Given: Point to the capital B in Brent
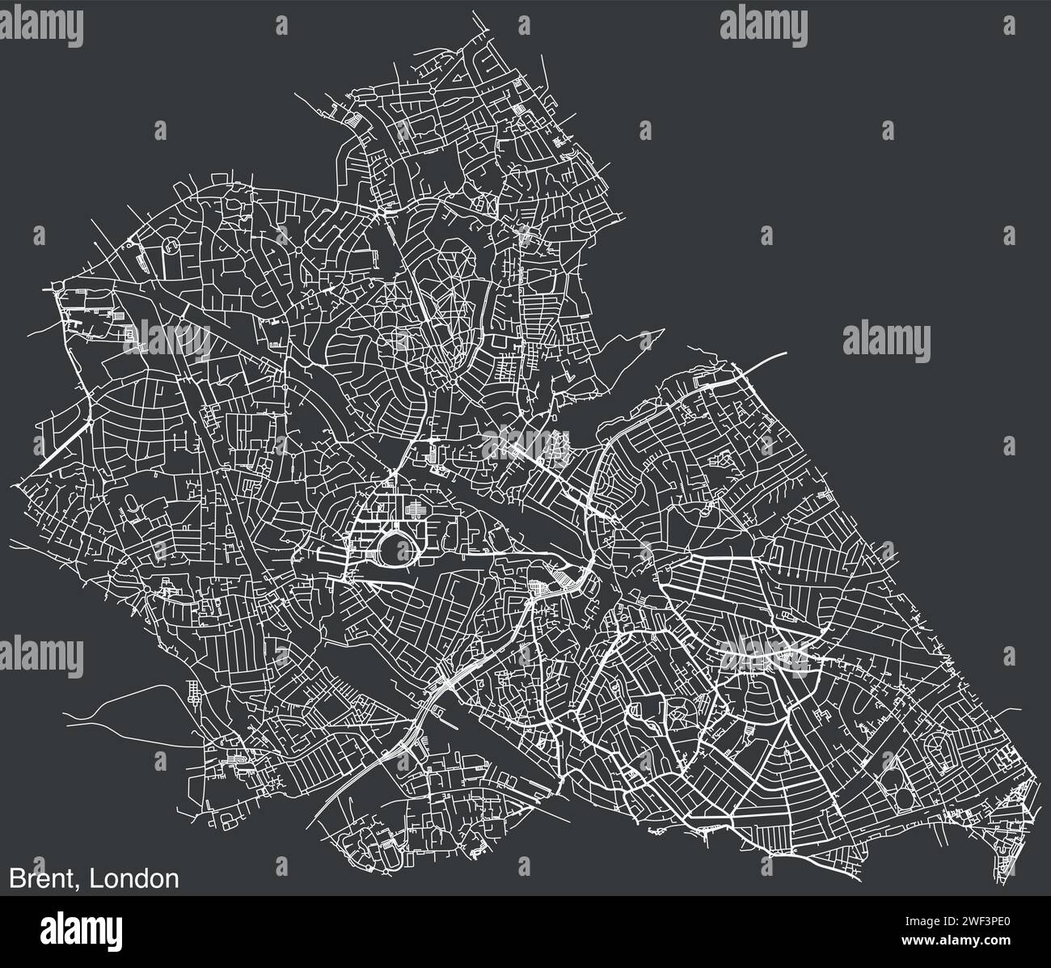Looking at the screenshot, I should (x=16, y=878).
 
